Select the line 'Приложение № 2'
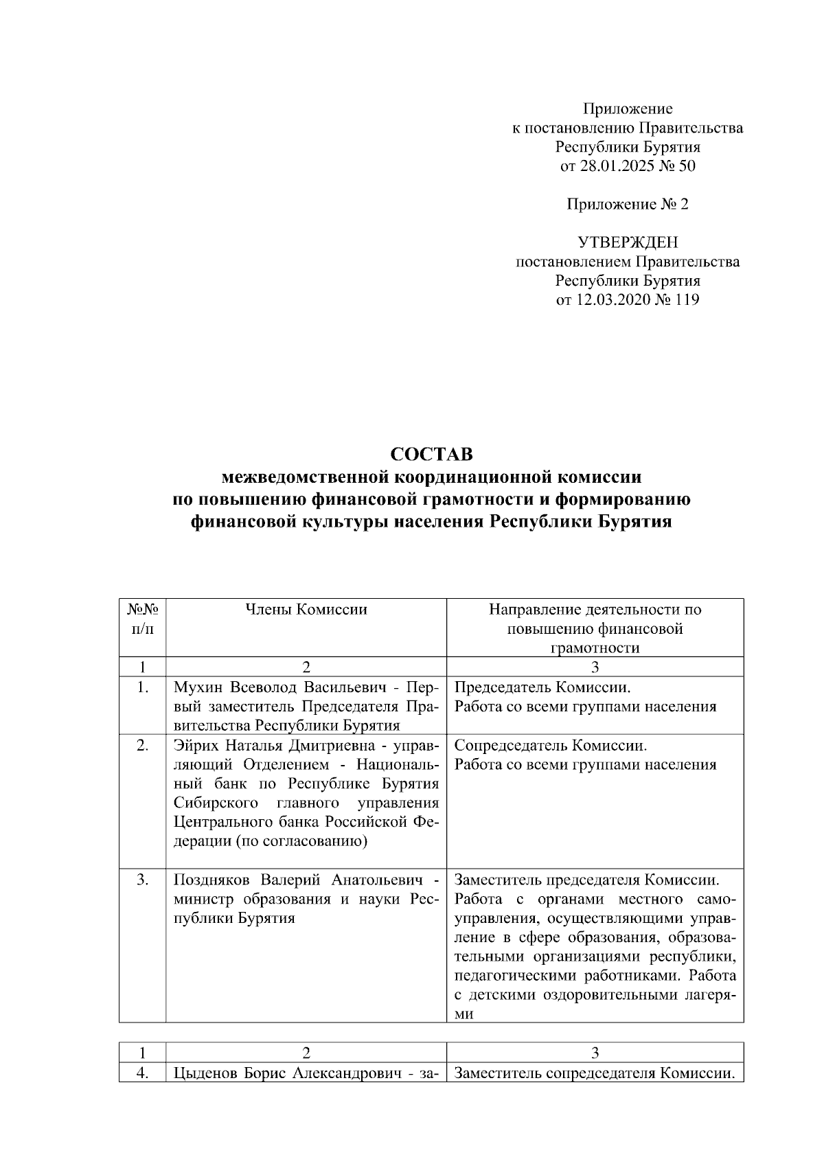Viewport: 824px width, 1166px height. point(627,204)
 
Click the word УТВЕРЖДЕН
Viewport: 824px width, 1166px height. point(627,242)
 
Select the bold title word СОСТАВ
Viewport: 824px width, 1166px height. point(431,455)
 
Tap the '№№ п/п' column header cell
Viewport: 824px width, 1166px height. point(142,619)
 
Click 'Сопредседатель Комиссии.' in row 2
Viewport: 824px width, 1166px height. point(551,745)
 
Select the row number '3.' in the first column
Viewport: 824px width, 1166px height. point(142,880)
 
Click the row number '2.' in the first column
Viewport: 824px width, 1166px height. point(142,745)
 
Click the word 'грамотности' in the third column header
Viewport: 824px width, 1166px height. point(595,648)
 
